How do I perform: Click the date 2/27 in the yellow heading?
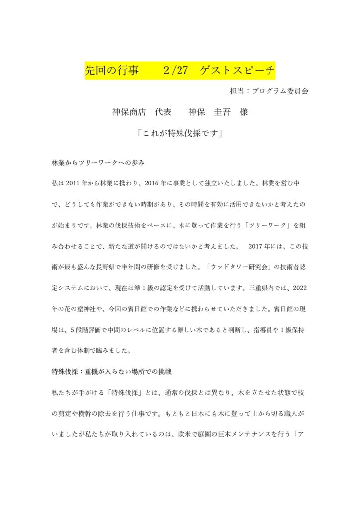(x=175, y=71)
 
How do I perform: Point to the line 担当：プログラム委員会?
(x=269, y=92)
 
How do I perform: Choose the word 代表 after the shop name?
(x=163, y=112)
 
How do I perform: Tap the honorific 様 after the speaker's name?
(x=243, y=112)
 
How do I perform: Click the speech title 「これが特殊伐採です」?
(x=180, y=134)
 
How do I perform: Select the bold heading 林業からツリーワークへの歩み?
(x=98, y=163)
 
